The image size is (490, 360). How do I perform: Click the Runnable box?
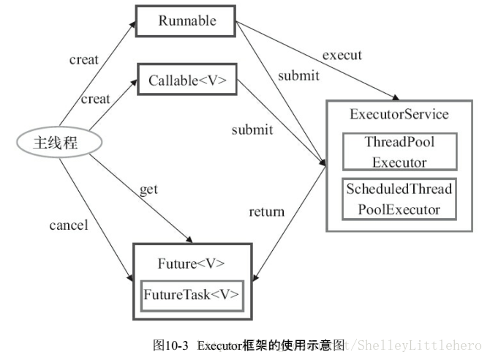click(186, 21)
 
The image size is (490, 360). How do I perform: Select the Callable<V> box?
click(187, 80)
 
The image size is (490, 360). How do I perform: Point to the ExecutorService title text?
click(399, 115)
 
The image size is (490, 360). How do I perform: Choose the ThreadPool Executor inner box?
click(399, 151)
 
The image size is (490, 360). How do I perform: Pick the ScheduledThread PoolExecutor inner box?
click(399, 199)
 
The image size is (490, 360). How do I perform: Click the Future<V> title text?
click(191, 263)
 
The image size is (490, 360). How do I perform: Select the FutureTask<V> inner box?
click(191, 295)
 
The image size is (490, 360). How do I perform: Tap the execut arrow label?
click(342, 55)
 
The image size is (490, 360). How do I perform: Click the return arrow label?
click(266, 213)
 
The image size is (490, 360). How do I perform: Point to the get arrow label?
click(148, 190)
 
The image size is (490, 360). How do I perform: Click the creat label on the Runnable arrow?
click(83, 59)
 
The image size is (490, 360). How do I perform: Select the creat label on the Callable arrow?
click(95, 99)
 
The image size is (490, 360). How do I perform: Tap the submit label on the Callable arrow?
click(252, 130)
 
